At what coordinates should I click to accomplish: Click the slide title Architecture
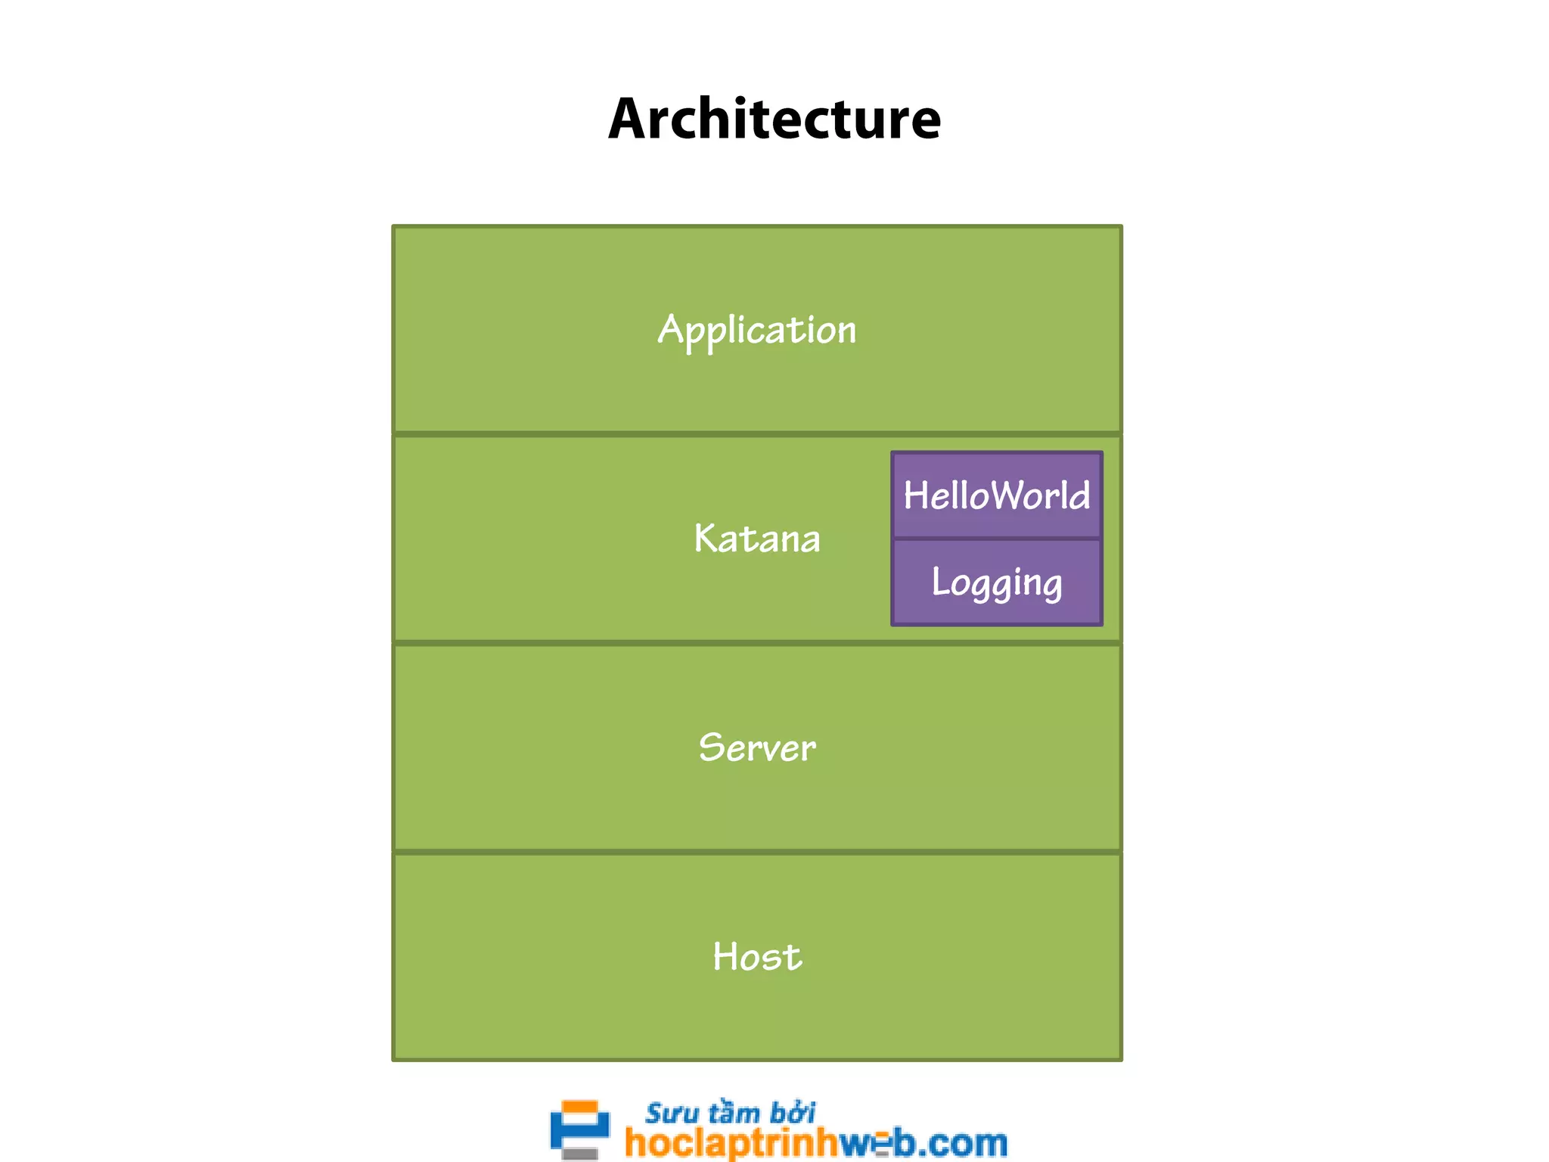[x=774, y=120]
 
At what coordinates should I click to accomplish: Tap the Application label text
[x=757, y=331]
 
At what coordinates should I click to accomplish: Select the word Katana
[x=757, y=539]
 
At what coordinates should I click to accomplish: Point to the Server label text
[x=757, y=747]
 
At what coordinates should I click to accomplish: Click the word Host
[x=757, y=956]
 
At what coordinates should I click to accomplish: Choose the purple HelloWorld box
[x=997, y=496]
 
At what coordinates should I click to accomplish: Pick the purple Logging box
[x=997, y=583]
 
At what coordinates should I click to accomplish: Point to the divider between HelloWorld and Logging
[x=997, y=539]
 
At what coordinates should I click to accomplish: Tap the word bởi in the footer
[x=793, y=1114]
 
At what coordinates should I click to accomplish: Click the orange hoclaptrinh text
[x=732, y=1142]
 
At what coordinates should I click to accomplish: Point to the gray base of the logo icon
[x=580, y=1154]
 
